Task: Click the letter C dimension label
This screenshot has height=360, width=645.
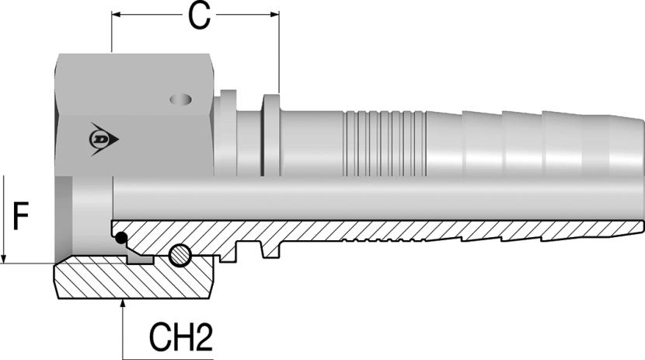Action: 200,16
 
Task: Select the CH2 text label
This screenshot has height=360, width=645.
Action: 180,337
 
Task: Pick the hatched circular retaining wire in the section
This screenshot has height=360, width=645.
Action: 179,253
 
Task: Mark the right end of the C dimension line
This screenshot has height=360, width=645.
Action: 277,14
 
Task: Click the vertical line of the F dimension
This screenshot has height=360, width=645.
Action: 5,218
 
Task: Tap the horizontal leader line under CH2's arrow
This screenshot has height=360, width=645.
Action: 167,356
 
